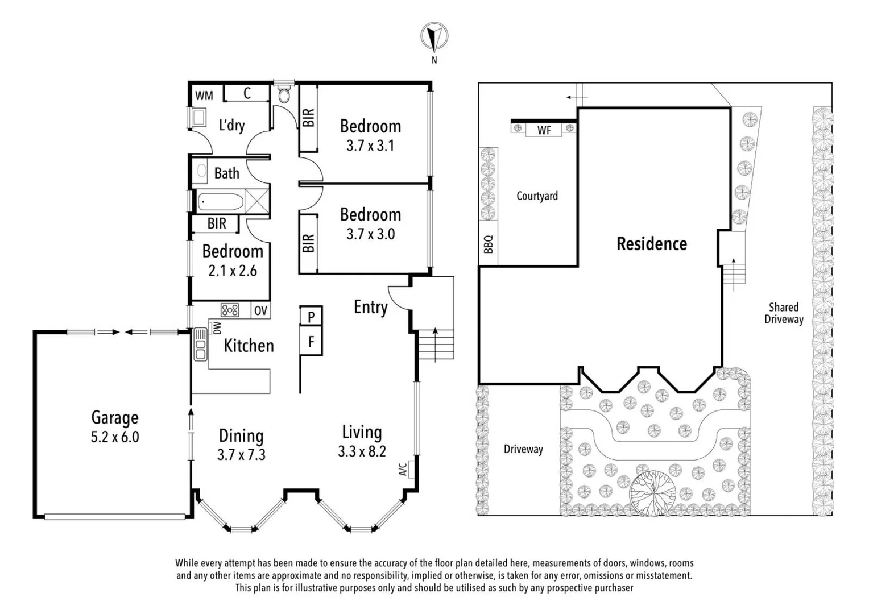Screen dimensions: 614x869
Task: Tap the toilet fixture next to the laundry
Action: pos(283,93)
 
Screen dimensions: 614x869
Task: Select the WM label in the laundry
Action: pos(204,96)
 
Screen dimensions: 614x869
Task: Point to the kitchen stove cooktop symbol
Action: pos(230,310)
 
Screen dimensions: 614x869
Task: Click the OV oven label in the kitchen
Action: pos(260,311)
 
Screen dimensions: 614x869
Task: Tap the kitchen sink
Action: pos(200,344)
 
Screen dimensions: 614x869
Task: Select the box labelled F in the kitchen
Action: pos(311,342)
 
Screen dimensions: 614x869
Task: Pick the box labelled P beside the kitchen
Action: pos(311,316)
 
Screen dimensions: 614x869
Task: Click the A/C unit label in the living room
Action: pos(403,469)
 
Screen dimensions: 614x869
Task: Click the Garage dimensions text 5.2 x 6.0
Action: pos(115,437)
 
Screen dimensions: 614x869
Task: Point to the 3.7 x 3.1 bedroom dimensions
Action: pos(370,146)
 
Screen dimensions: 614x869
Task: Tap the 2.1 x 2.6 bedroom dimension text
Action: pos(232,271)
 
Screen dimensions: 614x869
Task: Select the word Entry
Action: pos(370,307)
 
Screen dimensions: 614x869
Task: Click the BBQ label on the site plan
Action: pos(488,244)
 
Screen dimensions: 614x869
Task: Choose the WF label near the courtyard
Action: pos(544,130)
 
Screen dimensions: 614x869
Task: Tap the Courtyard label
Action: pos(537,196)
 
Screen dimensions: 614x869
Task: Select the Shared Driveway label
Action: pos(783,313)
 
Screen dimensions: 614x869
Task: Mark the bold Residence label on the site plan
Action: pos(652,244)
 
